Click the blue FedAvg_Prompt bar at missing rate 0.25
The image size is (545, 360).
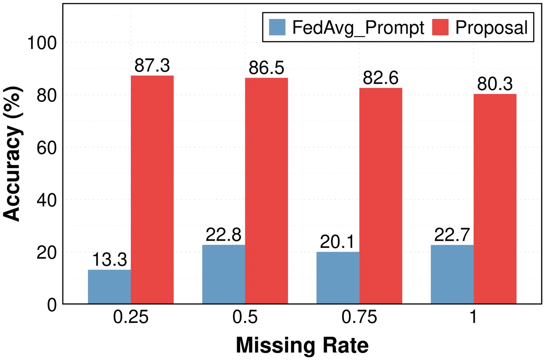[x=109, y=286]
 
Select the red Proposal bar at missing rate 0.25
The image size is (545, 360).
[x=152, y=189]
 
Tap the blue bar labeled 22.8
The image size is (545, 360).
[x=223, y=274]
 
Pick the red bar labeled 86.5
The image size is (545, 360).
[x=266, y=191]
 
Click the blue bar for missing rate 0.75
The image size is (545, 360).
[x=338, y=278]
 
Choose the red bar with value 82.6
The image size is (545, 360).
[x=381, y=196]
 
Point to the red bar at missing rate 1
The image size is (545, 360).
[x=495, y=199]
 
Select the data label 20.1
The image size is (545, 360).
[x=337, y=242]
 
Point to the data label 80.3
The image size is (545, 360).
[x=495, y=84]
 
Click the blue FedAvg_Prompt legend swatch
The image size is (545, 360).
[x=277, y=27]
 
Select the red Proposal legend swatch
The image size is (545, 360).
[x=440, y=27]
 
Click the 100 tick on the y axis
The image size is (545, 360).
[x=42, y=43]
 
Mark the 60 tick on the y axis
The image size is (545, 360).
[x=47, y=148]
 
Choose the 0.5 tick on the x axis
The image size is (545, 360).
[x=245, y=317]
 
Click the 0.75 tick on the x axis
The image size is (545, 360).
[x=359, y=317]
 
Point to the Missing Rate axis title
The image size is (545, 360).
[x=302, y=345]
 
